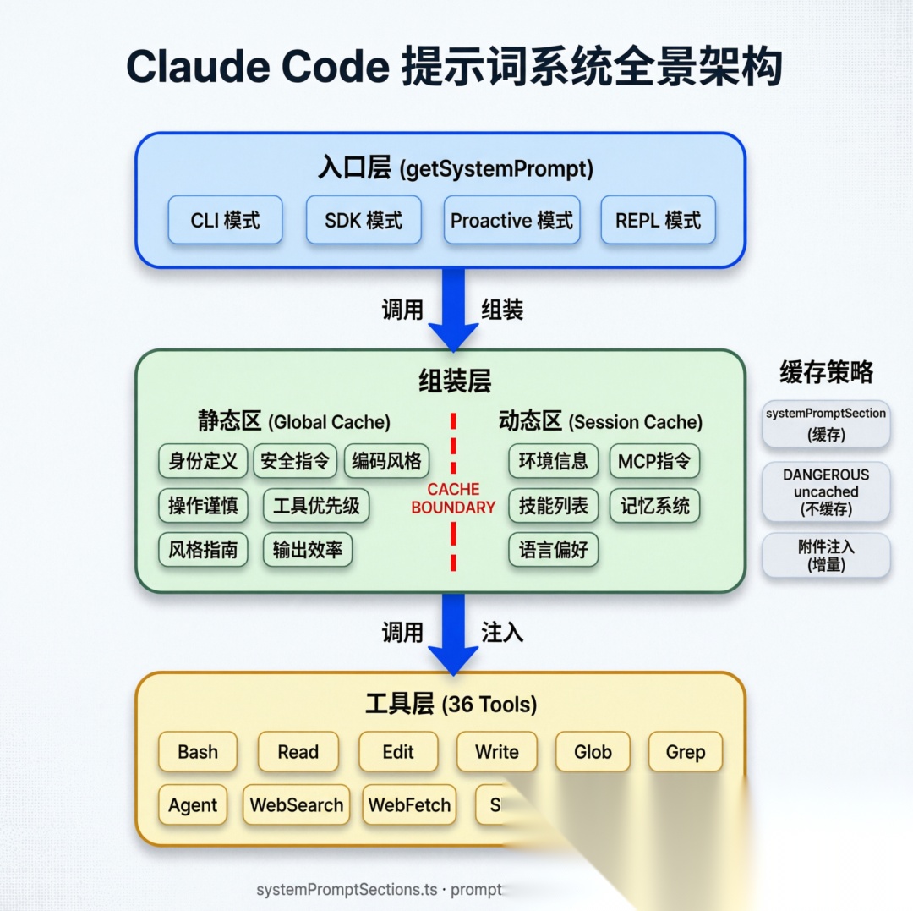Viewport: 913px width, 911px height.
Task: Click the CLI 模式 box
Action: coord(225,221)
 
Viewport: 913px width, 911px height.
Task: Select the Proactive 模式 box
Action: coord(511,221)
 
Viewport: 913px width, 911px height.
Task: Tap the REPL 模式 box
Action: coord(658,221)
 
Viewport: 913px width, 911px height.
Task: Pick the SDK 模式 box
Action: coord(364,221)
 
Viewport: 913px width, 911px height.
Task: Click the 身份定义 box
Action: coord(203,461)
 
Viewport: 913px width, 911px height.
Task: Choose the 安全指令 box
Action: coord(295,461)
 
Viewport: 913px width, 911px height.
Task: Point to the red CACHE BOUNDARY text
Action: coord(453,498)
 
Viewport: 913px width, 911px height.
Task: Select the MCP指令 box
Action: coord(654,461)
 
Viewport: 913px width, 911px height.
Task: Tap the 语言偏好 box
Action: coord(553,550)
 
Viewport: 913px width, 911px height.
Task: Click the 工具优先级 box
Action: coord(316,506)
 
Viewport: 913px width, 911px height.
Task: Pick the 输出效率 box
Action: coord(307,550)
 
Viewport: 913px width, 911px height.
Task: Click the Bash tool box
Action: coord(198,752)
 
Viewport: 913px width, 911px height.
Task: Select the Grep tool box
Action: coord(685,752)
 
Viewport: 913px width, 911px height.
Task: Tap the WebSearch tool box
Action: coord(297,805)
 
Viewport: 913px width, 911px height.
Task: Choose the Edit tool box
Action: coord(398,752)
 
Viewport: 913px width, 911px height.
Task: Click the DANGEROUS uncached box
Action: coord(826,491)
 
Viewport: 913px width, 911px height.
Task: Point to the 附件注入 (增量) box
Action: coord(826,556)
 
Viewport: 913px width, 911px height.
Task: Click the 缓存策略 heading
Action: coord(826,372)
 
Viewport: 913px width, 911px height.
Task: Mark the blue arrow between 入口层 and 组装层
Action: coord(453,309)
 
